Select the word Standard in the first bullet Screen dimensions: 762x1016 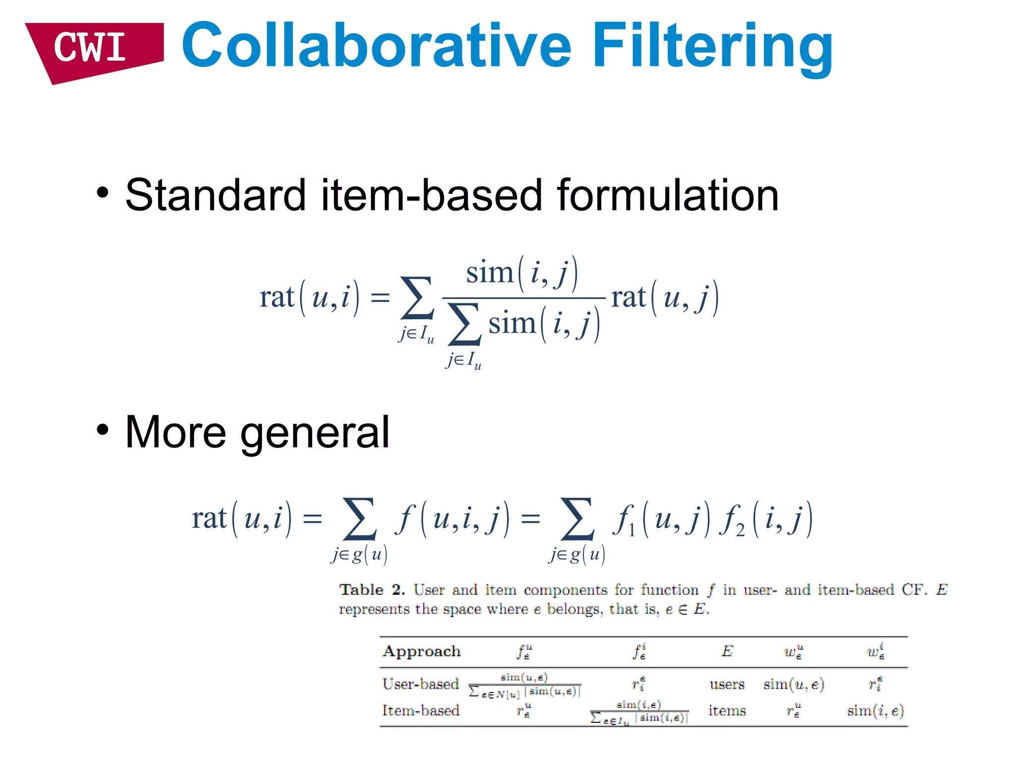pos(215,195)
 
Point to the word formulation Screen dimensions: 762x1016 pos(668,195)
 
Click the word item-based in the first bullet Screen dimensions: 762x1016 pos(431,195)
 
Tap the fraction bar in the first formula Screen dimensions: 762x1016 pos(523,298)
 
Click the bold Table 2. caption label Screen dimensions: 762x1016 pos(372,590)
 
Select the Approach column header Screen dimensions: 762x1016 pos(422,651)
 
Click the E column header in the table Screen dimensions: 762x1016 pos(727,651)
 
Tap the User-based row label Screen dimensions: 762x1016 pos(421,684)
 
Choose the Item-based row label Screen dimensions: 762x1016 pos(421,710)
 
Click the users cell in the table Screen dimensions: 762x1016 pos(727,685)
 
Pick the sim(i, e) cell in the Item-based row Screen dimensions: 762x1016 pos(876,711)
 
